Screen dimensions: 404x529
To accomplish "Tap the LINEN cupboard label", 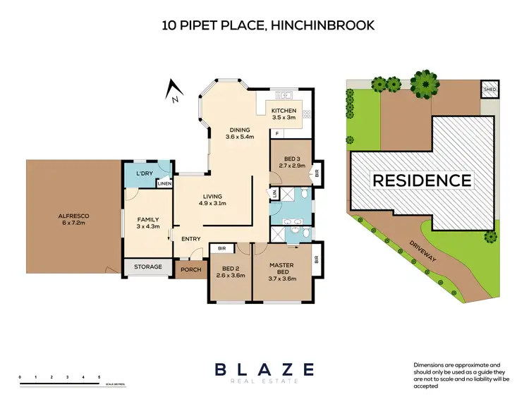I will tap(164, 184).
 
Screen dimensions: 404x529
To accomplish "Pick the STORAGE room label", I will tap(148, 267).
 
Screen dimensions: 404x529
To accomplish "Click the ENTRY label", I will tap(191, 239).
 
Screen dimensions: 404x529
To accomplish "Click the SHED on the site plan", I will tap(490, 90).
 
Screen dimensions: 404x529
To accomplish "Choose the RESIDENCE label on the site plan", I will tap(422, 180).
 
